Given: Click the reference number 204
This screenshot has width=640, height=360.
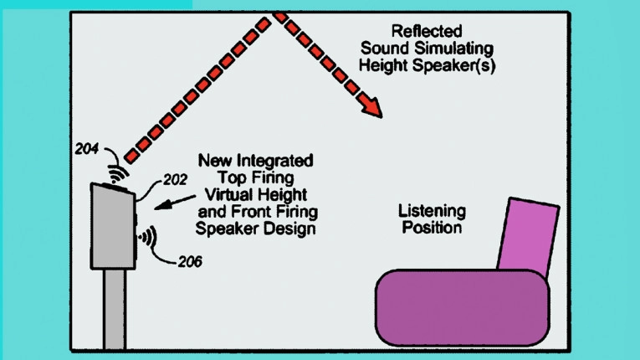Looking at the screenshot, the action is click(x=86, y=149).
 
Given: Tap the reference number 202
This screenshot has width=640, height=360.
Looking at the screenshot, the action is click(x=175, y=179).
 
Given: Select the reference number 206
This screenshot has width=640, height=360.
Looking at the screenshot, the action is click(x=190, y=261).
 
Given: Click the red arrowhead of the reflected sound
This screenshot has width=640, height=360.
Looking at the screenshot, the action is click(x=371, y=107).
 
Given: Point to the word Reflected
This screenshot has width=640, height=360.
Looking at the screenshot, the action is click(x=427, y=31).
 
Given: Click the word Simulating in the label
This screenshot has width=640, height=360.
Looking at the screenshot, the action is click(x=454, y=49).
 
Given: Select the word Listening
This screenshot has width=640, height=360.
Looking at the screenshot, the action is click(x=432, y=211).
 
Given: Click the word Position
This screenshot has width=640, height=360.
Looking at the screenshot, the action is click(x=432, y=228).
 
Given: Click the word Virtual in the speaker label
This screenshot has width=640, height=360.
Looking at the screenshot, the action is click(x=230, y=194).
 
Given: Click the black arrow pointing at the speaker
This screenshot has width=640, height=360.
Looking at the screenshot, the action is click(x=175, y=203).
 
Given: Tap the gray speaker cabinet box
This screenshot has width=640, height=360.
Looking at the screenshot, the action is click(x=113, y=227).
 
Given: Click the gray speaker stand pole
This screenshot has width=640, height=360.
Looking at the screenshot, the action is click(x=114, y=309).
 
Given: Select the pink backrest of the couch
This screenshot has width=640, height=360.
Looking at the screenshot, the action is click(x=529, y=237).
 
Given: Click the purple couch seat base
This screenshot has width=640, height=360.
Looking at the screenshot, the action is click(x=462, y=308).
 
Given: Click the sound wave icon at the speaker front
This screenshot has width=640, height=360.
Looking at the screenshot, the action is click(x=148, y=237).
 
